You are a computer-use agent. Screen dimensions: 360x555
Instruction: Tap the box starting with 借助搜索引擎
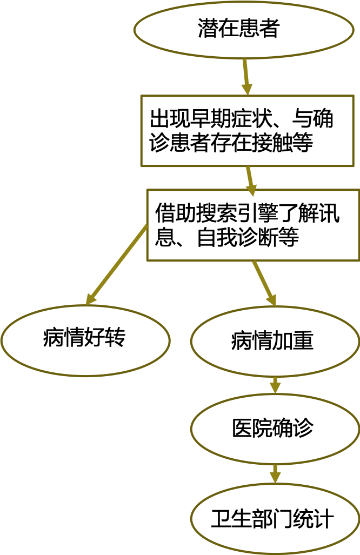tap(252, 225)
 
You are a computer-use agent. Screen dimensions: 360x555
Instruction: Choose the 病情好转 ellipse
tap(85, 339)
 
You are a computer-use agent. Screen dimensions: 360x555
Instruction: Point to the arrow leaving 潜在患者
tap(246, 76)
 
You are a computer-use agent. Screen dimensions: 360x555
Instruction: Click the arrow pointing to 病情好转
tap(116, 265)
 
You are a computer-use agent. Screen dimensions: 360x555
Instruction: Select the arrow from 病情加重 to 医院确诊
tap(275, 385)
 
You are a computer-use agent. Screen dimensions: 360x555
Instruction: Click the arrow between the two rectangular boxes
tap(250, 179)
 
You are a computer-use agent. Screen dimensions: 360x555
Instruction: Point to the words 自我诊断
tap(237, 238)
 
